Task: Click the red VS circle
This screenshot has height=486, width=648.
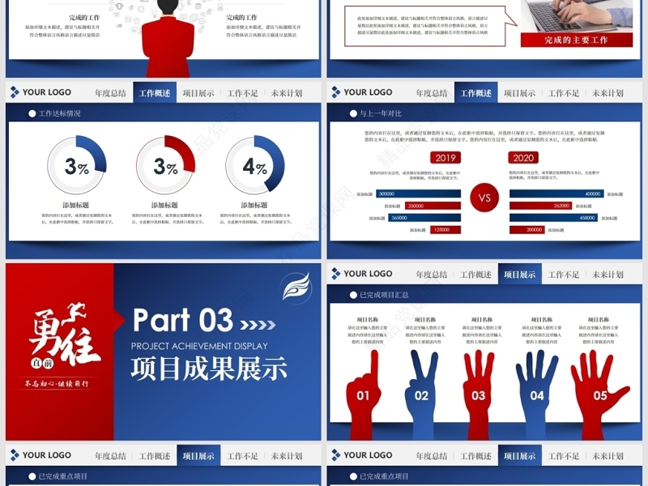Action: pos(485,198)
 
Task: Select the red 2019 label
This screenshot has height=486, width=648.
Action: pos(445,158)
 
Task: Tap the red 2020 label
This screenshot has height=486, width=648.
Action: pos(523,158)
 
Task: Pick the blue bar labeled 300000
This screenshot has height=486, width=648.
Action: pos(418,194)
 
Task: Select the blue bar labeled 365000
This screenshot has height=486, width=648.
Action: pos(424,218)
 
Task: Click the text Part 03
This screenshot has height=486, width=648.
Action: pos(182,321)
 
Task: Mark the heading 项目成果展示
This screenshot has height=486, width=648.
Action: pos(209,369)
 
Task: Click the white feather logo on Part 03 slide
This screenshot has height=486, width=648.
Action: pos(296,287)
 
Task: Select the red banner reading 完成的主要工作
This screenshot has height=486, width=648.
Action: pos(576,40)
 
